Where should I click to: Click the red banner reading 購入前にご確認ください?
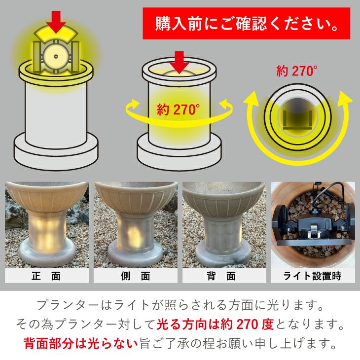coord(247,23)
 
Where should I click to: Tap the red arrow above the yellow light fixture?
coord(56,22)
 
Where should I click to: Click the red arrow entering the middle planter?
coord(180,63)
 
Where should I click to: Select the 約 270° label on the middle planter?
coord(179,109)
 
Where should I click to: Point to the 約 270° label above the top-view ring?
coord(297,71)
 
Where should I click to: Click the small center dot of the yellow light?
coord(56,56)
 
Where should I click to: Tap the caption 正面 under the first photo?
coord(46,276)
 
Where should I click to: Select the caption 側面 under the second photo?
coord(136,276)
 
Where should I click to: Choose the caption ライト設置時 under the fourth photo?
coord(312,276)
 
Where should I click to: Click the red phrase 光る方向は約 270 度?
coord(215,324)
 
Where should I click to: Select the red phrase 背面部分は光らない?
coord(80,343)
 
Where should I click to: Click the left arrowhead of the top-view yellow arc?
coord(252,98)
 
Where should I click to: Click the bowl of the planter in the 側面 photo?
coord(136,197)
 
